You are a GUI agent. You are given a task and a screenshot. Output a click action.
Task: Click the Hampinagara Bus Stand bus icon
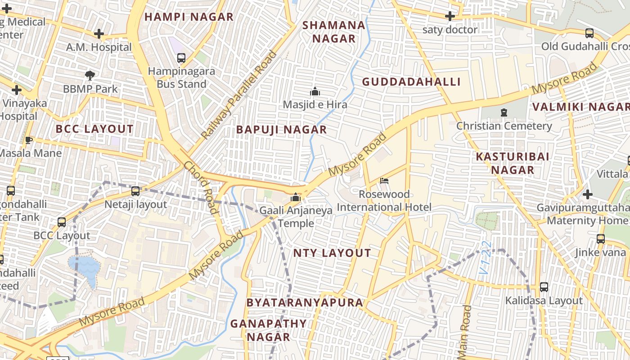[x=181, y=58]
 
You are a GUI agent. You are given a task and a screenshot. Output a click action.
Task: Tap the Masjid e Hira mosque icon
[x=315, y=91]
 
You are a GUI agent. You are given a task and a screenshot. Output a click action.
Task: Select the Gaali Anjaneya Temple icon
[x=296, y=197]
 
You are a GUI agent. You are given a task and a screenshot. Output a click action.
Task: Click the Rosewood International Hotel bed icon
[x=384, y=181]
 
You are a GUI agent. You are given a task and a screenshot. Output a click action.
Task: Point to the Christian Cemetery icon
[x=504, y=112]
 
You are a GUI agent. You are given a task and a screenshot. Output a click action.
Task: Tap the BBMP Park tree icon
[x=90, y=75]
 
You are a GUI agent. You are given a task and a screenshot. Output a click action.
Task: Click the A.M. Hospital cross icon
[x=99, y=34]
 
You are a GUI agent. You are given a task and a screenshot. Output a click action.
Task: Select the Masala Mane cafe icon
[x=29, y=140]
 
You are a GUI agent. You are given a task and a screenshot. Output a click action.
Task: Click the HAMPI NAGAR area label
[x=189, y=17]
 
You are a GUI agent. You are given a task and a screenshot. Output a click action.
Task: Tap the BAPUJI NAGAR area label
[x=281, y=130]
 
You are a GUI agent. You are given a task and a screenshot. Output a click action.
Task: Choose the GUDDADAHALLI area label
[x=411, y=82]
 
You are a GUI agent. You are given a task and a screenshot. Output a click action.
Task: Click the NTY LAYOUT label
[x=332, y=253]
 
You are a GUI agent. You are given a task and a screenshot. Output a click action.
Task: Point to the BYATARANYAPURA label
[x=305, y=302]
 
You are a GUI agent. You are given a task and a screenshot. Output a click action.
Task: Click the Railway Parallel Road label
[x=239, y=95]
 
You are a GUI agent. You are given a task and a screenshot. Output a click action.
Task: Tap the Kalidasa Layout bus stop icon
[x=544, y=287]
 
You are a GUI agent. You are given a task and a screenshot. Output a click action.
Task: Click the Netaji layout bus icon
[x=135, y=191]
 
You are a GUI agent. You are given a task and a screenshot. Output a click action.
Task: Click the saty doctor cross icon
[x=450, y=17]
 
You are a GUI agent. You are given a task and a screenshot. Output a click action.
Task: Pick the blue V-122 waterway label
[x=485, y=264]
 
